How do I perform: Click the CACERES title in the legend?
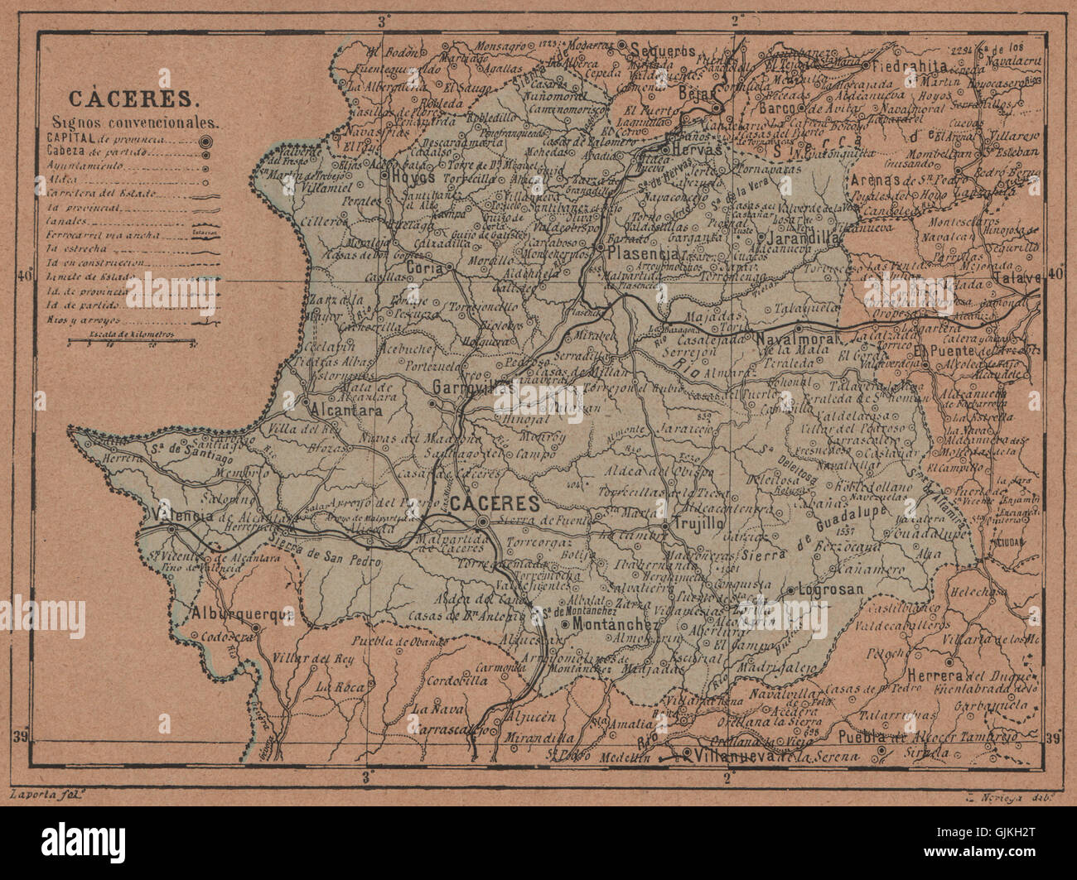[x=133, y=99]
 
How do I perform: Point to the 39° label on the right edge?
[x=1054, y=738]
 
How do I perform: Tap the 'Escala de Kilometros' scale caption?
[x=142, y=329]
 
